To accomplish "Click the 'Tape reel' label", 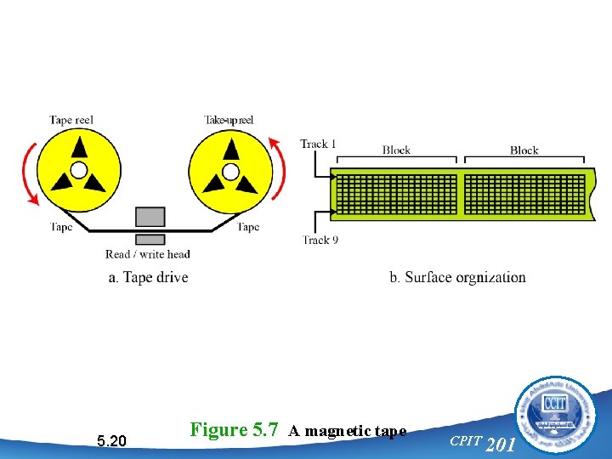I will coord(71,121).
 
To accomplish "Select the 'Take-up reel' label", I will coord(229,121).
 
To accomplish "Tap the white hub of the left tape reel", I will coord(79,171).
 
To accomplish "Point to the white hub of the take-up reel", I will coord(230,171).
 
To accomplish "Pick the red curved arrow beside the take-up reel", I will coord(280,170).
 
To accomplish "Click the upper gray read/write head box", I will coord(150,215).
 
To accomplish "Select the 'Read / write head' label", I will coord(148,254).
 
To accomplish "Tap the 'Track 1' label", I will coord(318,144).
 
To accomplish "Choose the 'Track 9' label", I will coord(320,241).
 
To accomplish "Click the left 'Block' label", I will coord(396,150).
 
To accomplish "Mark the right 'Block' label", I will coord(524,150).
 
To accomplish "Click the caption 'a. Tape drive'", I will coord(149,277).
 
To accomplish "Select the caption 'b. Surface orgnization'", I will coord(457,277).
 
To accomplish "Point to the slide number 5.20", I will coord(111,440).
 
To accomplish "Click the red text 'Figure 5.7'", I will coord(234,429).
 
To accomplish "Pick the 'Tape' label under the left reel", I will coord(61,227).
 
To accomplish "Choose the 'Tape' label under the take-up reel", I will coord(248,227).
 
